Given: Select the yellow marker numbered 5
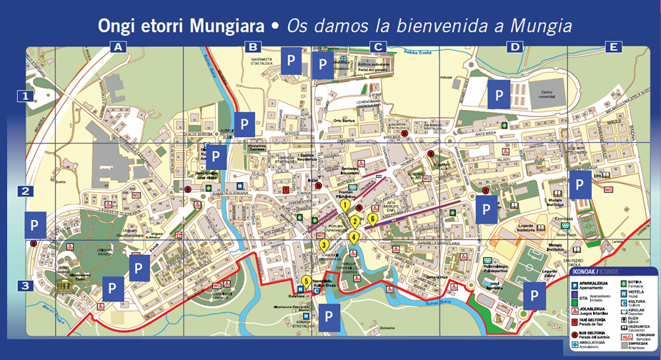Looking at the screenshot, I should pos(307,281).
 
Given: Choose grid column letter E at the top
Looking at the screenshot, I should pos(612,48).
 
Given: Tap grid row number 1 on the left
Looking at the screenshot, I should pos(26,95).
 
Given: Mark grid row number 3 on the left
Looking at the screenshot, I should pos(26,286).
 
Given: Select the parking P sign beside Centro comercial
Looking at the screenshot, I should pos(499,94).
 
